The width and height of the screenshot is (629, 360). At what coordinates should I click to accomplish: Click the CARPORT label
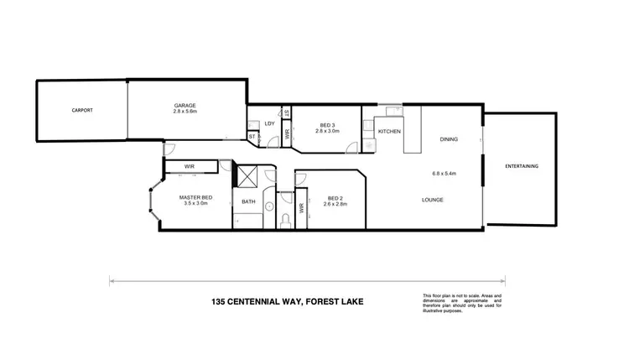(x=81, y=111)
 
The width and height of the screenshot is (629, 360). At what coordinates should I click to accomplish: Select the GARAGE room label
(x=185, y=105)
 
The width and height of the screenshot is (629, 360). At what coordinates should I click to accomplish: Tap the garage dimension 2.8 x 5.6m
(x=185, y=112)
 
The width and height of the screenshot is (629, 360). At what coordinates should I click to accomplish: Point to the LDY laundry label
(x=269, y=124)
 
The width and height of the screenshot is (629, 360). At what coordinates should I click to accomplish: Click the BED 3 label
(x=325, y=124)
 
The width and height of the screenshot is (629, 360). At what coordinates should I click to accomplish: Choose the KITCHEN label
(x=390, y=133)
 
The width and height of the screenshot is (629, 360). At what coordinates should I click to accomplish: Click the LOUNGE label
(x=432, y=200)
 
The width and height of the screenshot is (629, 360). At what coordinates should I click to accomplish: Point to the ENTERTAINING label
(x=522, y=166)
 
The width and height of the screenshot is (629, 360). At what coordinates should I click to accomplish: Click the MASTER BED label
(x=195, y=197)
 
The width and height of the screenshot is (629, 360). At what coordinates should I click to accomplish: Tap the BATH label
(x=248, y=201)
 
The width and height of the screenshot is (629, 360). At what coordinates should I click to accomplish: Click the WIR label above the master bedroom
(x=189, y=166)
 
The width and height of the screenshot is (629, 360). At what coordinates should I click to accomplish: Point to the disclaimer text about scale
(x=462, y=302)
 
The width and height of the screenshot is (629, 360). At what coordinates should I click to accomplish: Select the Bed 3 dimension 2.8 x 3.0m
(x=325, y=131)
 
